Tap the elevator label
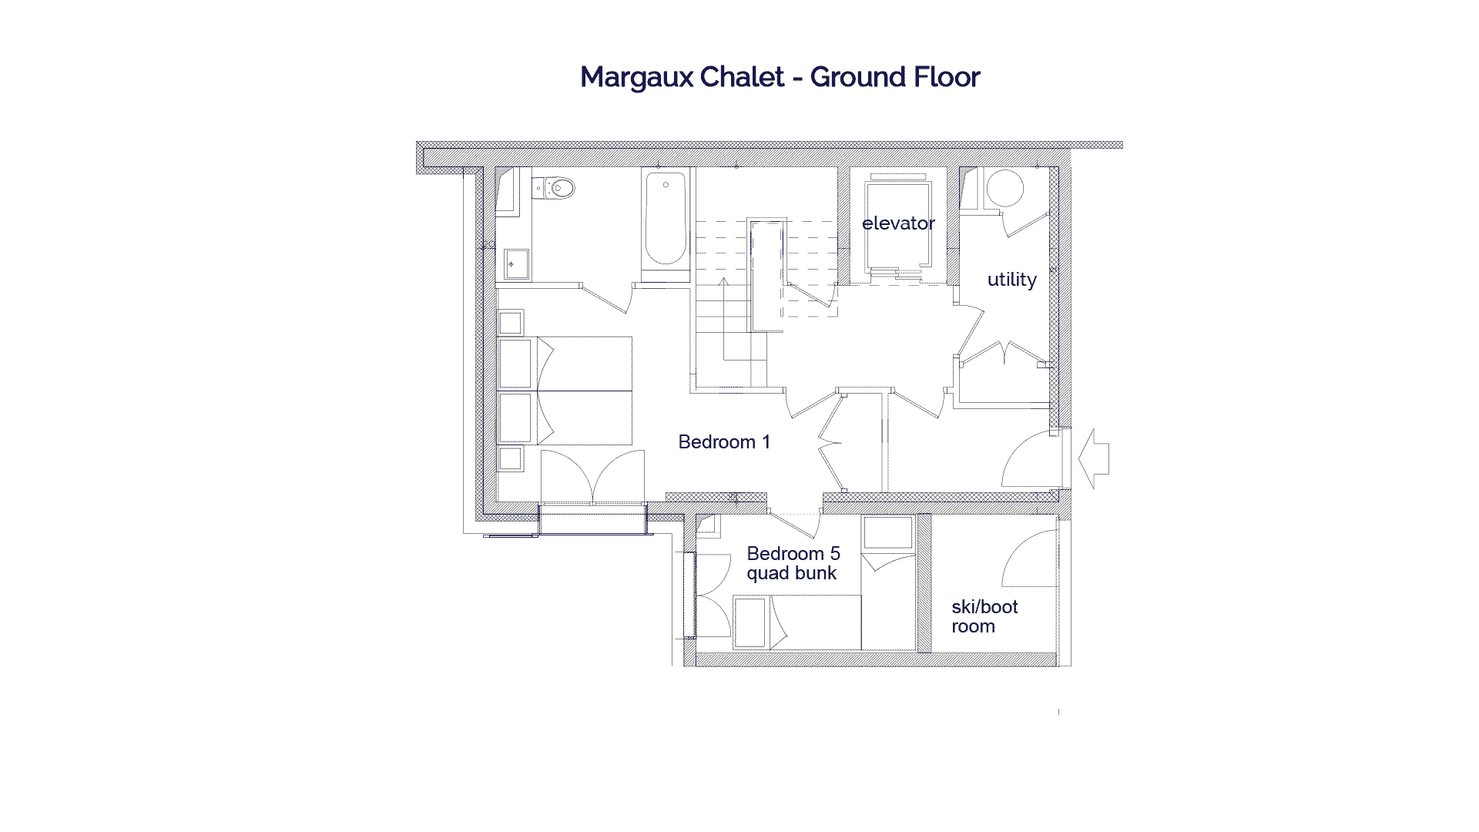pos(898,223)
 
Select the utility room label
pos(1011,280)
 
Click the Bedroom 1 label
pos(723,442)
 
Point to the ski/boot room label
pos(984,616)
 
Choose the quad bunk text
pos(791,574)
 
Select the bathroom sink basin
pos(515,264)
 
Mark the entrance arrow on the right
pos(1094,458)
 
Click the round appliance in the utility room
pos(1005,187)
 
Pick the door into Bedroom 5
pos(793,525)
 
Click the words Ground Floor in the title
pos(894,78)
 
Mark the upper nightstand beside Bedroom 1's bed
pos(510,322)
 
